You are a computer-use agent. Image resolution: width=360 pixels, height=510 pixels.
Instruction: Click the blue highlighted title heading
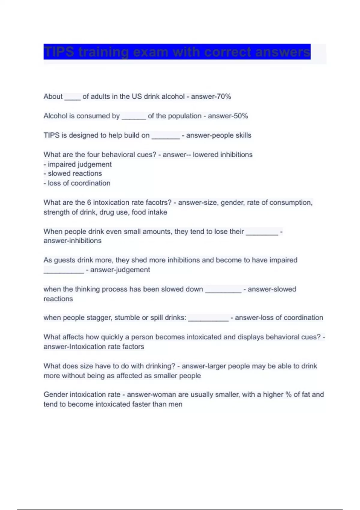pos(177,52)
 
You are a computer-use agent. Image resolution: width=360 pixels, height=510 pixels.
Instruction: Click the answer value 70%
pos(224,97)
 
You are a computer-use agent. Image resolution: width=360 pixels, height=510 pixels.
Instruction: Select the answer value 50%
pos(241,116)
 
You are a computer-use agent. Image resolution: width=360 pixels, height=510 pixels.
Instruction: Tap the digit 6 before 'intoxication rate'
pos(89,202)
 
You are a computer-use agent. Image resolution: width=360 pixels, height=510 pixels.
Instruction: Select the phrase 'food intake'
pos(149,212)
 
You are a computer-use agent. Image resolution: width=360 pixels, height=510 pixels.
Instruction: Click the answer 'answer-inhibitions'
pos(73,241)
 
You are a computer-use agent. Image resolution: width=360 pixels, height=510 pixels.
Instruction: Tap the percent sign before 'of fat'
pos(288,394)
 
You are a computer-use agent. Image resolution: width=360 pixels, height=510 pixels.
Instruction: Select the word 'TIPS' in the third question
pos(52,135)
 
